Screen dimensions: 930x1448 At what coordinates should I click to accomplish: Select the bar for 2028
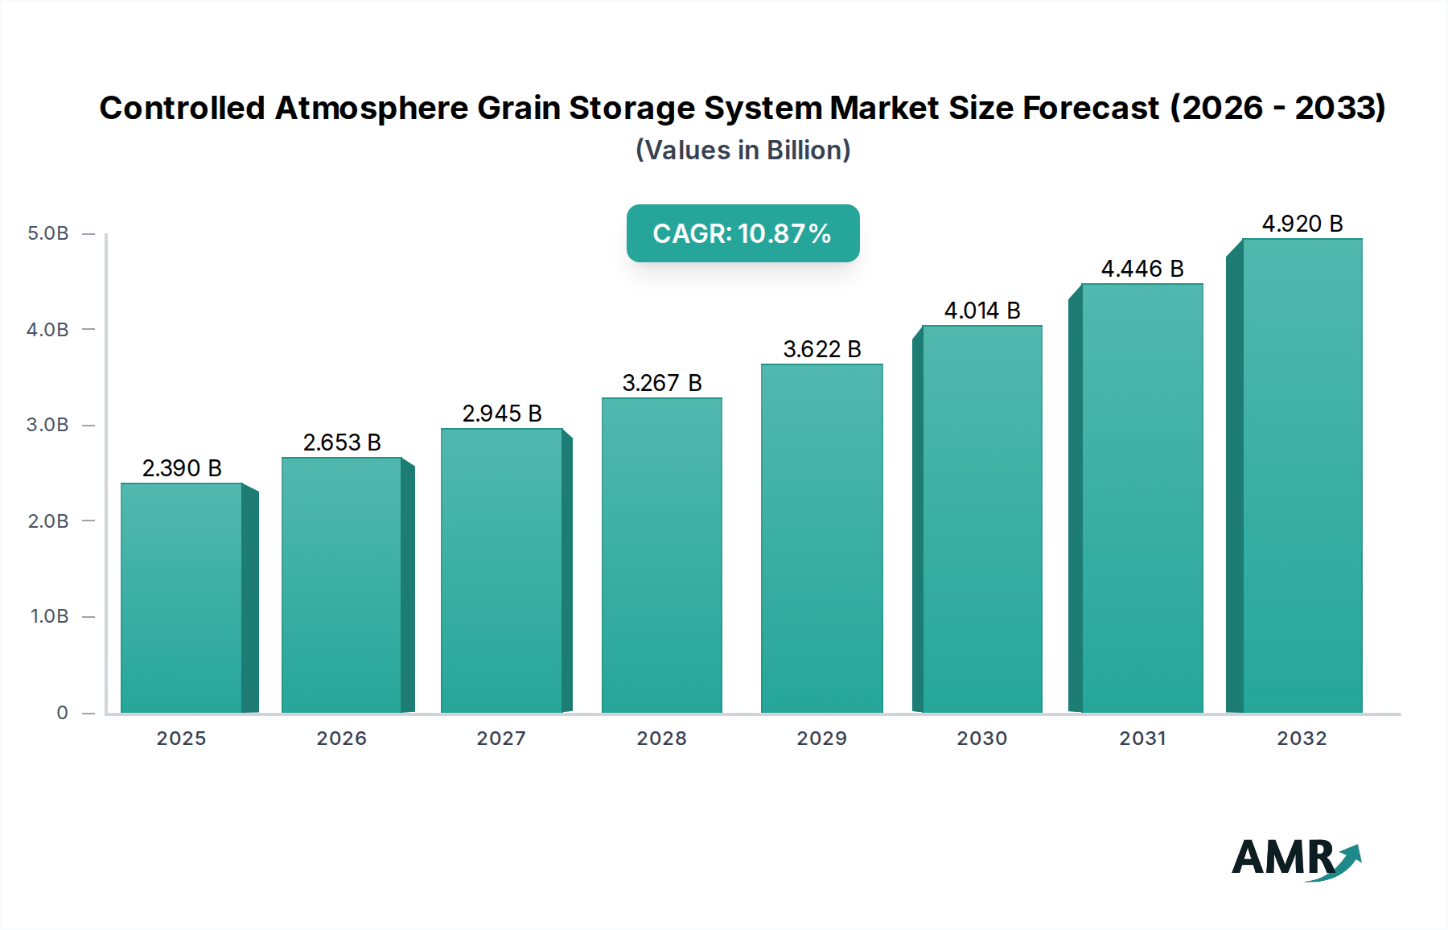pyautogui.click(x=661, y=555)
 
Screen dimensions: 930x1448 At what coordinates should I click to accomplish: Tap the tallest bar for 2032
pyautogui.click(x=1302, y=475)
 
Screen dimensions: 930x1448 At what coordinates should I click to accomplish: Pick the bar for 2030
pyautogui.click(x=981, y=519)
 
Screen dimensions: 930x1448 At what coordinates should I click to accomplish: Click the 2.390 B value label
pyautogui.click(x=182, y=468)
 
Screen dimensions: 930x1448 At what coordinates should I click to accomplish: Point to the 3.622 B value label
pyautogui.click(x=822, y=349)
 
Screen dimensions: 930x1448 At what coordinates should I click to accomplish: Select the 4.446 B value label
pyautogui.click(x=1142, y=269)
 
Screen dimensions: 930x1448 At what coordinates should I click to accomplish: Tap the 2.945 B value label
pyautogui.click(x=502, y=414)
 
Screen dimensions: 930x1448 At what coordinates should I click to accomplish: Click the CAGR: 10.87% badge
pyautogui.click(x=743, y=233)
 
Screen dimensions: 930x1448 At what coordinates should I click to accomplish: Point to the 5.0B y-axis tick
pyautogui.click(x=48, y=234)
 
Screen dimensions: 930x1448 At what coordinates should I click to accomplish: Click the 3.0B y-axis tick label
pyautogui.click(x=48, y=425)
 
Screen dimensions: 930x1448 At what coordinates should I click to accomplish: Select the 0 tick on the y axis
pyautogui.click(x=62, y=713)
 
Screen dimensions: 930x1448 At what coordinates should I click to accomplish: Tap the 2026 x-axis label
pyautogui.click(x=341, y=739)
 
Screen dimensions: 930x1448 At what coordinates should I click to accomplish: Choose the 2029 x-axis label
pyautogui.click(x=821, y=739)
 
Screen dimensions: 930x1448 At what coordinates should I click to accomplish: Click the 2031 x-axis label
pyautogui.click(x=1142, y=739)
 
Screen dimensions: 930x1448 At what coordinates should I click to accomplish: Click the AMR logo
pyautogui.click(x=1295, y=858)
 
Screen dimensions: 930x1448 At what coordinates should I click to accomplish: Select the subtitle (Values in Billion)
pyautogui.click(x=743, y=150)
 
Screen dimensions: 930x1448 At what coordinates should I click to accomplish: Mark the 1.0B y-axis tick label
pyautogui.click(x=48, y=616)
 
